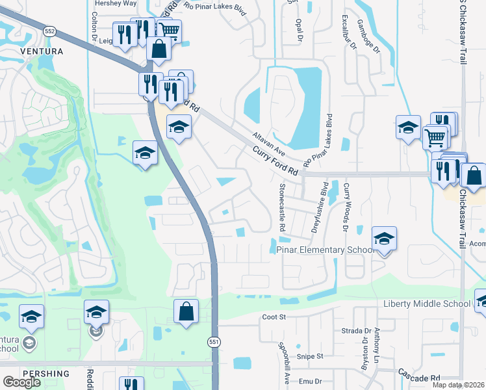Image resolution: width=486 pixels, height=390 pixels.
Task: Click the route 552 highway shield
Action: pos(50,31)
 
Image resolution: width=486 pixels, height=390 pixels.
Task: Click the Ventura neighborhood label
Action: pos(42,51)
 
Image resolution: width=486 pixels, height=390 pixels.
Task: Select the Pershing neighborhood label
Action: pos(45,374)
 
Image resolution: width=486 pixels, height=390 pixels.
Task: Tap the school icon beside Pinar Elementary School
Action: pos(385,239)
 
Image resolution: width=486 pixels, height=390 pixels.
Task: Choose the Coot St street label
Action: pos(274,317)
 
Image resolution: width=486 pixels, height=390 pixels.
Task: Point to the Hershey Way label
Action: pos(116,3)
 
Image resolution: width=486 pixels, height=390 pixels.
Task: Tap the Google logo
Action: pos(21,382)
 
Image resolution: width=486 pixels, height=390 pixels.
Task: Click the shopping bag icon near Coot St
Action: pos(186,311)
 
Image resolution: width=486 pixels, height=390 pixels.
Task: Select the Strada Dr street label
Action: pos(355,330)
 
